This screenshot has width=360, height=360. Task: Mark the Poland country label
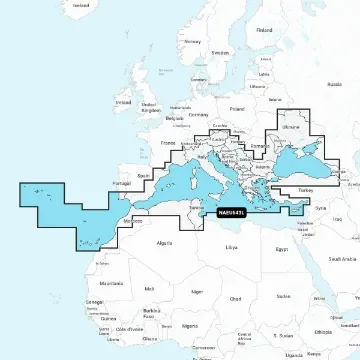pyautogui.click(x=237, y=109)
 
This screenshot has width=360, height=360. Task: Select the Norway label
pyautogui.click(x=193, y=42)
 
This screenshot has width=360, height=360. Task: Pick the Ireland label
pyautogui.click(x=123, y=101)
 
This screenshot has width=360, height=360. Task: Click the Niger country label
pyautogui.click(x=197, y=292)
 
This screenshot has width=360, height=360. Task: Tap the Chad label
pyautogui.click(x=235, y=298)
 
